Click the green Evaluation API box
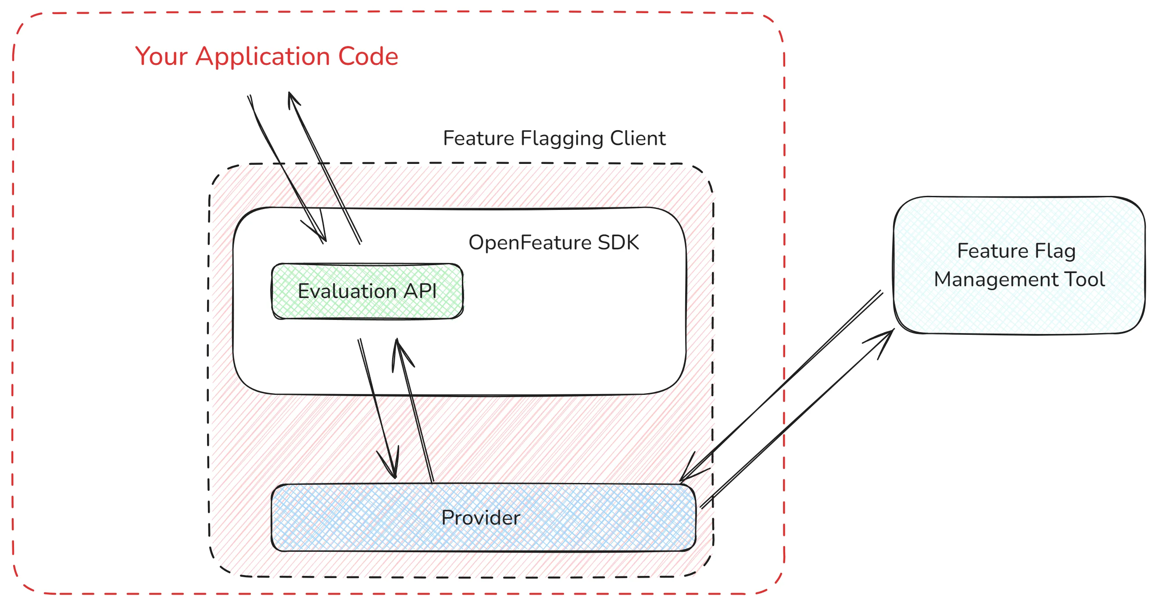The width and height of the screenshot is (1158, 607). [x=367, y=291]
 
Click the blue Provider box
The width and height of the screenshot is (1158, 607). [x=483, y=518]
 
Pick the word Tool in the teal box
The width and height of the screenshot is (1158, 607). [x=1084, y=280]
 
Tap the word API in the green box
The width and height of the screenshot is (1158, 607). [x=420, y=291]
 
